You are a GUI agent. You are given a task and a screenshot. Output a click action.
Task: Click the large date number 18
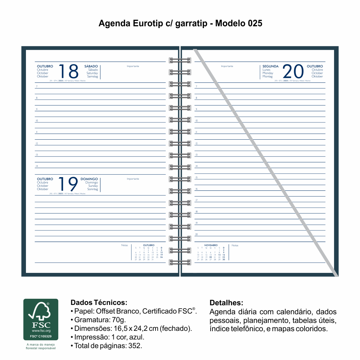coord(68,71)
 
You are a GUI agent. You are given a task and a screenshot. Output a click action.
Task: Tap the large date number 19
coord(68,184)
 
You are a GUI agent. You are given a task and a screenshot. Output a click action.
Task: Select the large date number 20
coord(293,71)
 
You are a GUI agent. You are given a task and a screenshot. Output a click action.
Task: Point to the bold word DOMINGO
coord(89,179)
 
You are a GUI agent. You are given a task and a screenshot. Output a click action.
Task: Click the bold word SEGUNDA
coord(270,66)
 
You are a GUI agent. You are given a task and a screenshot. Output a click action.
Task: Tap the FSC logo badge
coord(41,319)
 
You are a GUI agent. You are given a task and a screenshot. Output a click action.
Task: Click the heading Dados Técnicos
coord(99,302)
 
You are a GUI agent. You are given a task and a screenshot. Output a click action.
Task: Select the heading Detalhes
coord(226,302)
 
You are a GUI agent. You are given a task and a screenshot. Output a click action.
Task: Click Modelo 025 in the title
coord(239,24)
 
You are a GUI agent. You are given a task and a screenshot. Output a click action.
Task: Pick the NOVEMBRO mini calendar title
coord(211,245)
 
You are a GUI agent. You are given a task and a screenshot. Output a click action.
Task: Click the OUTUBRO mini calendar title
coord(149,245)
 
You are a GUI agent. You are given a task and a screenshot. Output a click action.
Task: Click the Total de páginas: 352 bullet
coord(108,346)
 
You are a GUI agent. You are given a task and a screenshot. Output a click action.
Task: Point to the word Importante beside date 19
coord(133,179)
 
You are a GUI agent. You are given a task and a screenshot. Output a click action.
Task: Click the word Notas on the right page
coord(235,246)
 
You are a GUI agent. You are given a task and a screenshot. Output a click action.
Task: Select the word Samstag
coord(93,76)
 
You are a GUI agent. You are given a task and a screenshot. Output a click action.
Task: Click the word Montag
coord(267,76)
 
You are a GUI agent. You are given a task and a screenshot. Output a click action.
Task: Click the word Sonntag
coord(93,189)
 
